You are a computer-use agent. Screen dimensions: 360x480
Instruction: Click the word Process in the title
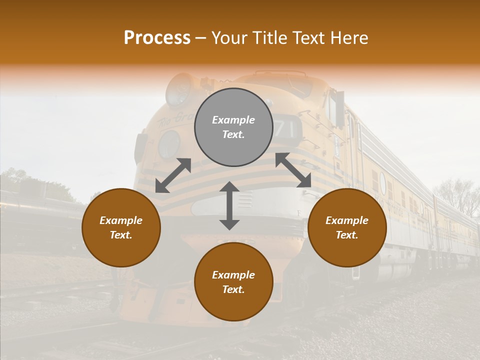(x=157, y=38)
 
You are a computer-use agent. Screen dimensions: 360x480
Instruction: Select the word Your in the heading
(x=229, y=38)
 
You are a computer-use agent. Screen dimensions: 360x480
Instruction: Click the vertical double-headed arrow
(x=229, y=205)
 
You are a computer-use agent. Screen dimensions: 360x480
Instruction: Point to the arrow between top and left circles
(x=173, y=175)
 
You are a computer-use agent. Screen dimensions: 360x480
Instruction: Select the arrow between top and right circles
(x=293, y=170)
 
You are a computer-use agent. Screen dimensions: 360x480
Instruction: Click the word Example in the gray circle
(x=233, y=120)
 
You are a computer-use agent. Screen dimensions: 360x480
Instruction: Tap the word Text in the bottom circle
(x=233, y=289)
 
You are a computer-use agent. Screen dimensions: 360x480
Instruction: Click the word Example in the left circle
(x=121, y=220)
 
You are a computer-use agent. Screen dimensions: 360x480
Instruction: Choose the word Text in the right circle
(x=346, y=235)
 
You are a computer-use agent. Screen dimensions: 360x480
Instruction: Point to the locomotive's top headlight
(x=178, y=89)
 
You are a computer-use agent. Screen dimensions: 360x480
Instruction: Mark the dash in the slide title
(x=201, y=38)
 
